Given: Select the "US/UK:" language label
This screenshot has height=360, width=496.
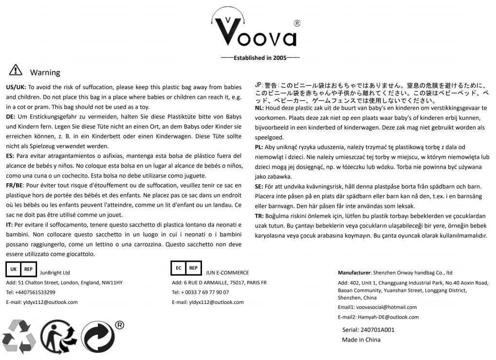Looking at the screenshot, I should click(x=16, y=87).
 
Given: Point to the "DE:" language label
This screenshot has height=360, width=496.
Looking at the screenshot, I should click(x=11, y=117).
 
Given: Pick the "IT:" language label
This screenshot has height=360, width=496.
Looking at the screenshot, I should click(x=9, y=225).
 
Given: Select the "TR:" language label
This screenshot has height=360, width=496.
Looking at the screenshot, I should click(x=259, y=216).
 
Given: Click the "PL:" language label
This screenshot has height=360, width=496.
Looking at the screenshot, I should click(x=259, y=147).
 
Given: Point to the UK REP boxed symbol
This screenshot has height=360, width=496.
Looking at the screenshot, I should click(x=21, y=269).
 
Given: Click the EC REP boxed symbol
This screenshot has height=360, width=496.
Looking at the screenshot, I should click(x=186, y=268).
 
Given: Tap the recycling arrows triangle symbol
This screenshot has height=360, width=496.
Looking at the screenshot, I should click(x=19, y=336).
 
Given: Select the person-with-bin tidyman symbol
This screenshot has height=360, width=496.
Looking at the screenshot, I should click(x=58, y=336).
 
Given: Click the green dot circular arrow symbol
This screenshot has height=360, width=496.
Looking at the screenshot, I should click(x=97, y=337).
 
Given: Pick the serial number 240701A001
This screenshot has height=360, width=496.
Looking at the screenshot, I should click(x=368, y=330).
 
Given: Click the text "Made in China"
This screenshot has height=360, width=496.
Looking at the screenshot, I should click(x=361, y=340).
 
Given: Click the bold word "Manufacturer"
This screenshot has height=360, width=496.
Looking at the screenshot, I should click(x=354, y=273).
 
